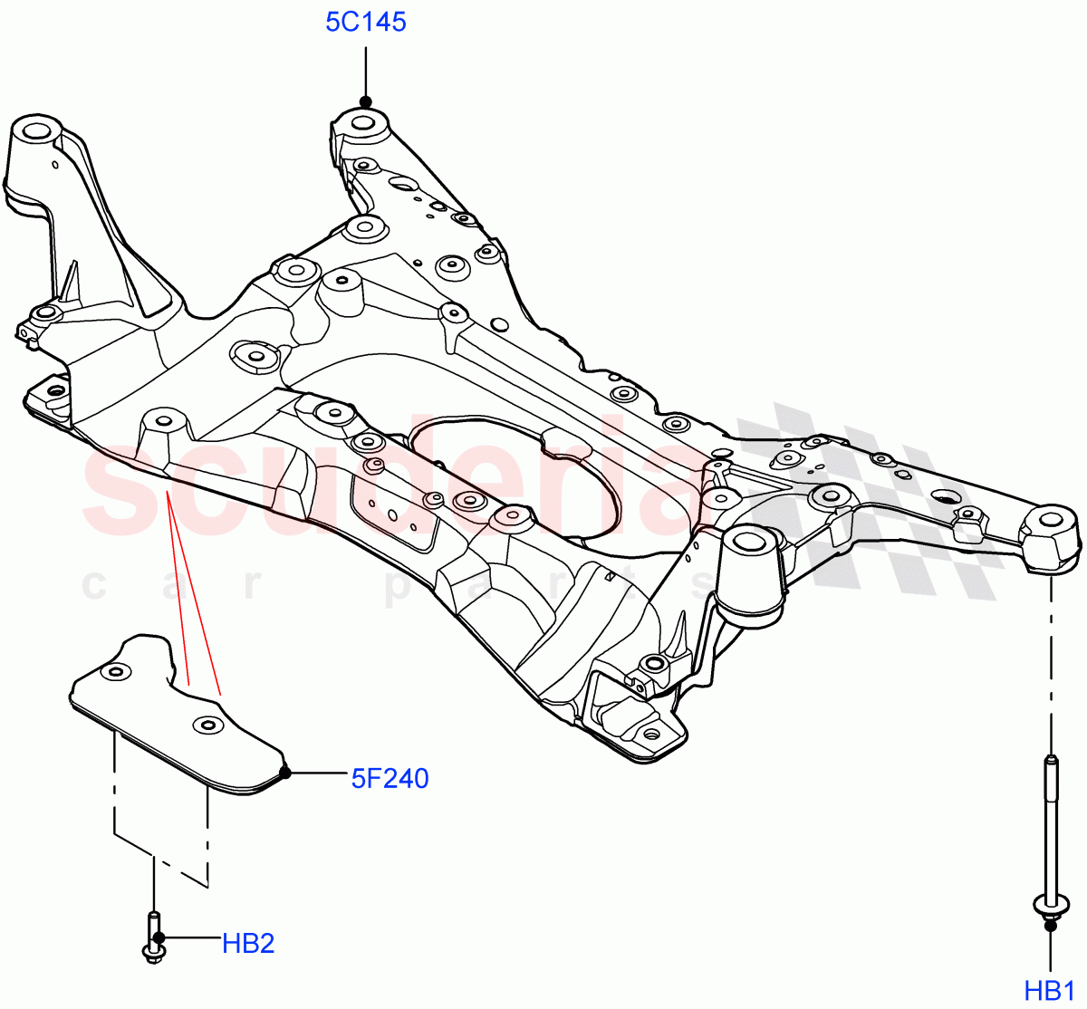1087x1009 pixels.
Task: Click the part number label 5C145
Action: tap(366, 22)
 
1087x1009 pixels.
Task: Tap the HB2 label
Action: tap(248, 944)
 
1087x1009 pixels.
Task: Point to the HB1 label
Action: tap(1050, 990)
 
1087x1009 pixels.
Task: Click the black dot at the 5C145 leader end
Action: tap(365, 101)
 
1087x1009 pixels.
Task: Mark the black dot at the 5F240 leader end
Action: tap(284, 773)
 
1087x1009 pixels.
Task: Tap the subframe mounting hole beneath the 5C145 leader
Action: tap(363, 122)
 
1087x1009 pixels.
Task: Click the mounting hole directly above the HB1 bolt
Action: tap(1051, 521)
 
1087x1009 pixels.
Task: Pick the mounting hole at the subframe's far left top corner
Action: tap(34, 130)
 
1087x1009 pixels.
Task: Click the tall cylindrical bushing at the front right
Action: tap(749, 571)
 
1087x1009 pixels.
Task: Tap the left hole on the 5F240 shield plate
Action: tap(115, 673)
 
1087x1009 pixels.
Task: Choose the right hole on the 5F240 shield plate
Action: tap(208, 725)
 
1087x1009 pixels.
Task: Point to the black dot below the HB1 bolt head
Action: tap(1050, 924)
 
